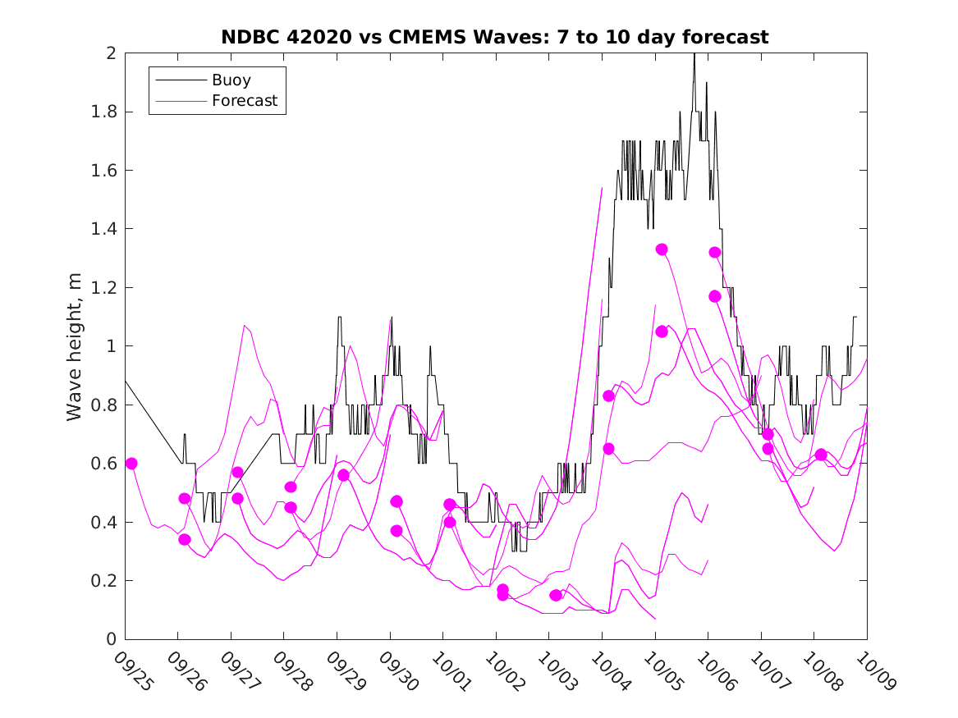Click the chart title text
point(494,37)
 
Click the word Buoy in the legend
point(231,80)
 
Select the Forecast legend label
point(245,102)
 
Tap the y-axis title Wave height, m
point(75,346)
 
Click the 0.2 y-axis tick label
point(106,581)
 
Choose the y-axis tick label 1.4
point(106,229)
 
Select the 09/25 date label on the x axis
point(133,670)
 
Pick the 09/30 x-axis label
point(398,670)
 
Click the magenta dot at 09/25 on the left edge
point(131,464)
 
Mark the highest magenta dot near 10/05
point(662,249)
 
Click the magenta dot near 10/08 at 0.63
point(821,455)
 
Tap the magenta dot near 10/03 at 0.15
point(556,595)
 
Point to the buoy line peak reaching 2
point(694,54)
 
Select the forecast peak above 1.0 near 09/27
point(245,326)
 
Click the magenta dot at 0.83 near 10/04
point(609,396)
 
